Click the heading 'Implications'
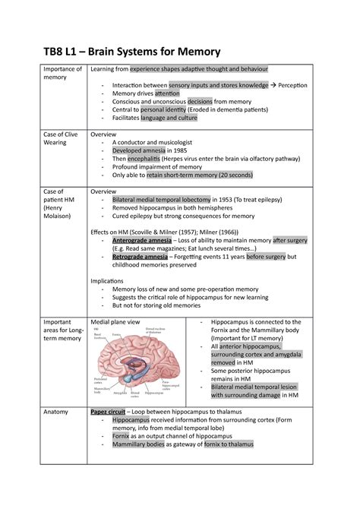point(107,280)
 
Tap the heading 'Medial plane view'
point(115,322)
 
